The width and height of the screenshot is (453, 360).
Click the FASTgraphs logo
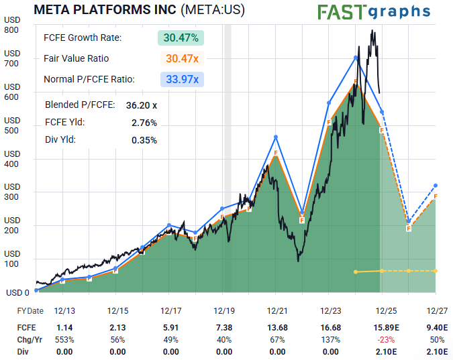pyautogui.click(x=373, y=11)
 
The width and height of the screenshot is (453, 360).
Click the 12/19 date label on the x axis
pyautogui.click(x=224, y=311)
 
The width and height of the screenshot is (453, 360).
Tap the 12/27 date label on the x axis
pyautogui.click(x=436, y=311)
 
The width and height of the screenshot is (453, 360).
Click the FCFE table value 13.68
pyautogui.click(x=277, y=327)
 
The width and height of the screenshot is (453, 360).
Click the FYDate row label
pyautogui.click(x=30, y=311)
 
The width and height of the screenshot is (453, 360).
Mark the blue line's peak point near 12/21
pyautogui.click(x=276, y=137)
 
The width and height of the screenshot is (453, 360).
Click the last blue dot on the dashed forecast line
pyautogui.click(x=436, y=185)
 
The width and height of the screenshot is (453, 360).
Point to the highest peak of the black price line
pyautogui.click(x=371, y=30)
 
